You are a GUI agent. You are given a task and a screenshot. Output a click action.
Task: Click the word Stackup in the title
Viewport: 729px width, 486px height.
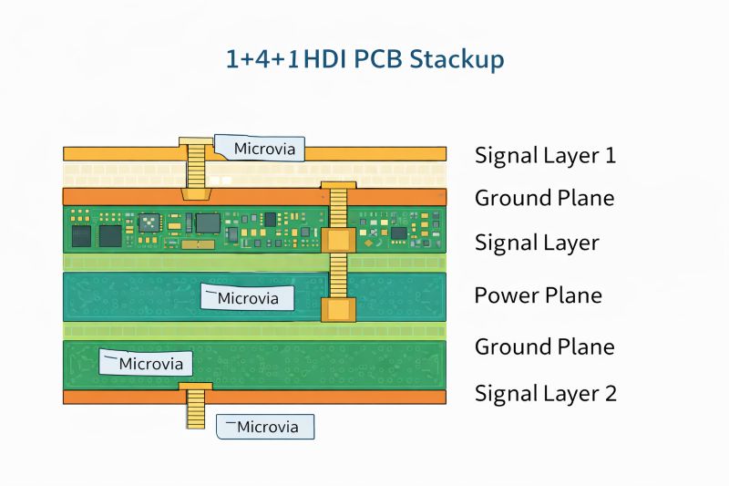(457, 60)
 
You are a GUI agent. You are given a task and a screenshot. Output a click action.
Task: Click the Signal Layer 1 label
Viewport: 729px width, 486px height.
(545, 155)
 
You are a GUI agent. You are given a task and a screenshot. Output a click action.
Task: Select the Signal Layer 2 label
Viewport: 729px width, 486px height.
(545, 394)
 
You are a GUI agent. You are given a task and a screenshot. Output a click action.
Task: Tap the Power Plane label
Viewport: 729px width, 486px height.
(538, 295)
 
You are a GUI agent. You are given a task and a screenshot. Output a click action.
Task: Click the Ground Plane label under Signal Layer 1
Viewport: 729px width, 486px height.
(544, 198)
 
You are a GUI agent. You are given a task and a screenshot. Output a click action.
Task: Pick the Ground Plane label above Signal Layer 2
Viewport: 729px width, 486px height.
(544, 346)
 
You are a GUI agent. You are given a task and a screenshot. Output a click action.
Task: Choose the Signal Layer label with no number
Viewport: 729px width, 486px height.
(536, 243)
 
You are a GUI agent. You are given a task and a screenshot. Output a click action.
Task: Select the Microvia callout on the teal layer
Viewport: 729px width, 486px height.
(249, 297)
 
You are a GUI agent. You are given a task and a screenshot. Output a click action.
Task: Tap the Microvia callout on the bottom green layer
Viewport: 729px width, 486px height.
(147, 363)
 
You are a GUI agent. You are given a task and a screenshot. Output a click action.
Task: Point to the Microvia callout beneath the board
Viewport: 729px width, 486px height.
(265, 426)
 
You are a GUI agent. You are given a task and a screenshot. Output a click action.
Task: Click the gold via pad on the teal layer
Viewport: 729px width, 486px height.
(338, 309)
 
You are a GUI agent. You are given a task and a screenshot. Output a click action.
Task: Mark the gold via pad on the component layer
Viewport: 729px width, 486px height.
(338, 240)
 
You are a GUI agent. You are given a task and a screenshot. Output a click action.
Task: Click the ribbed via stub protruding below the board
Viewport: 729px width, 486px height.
(195, 410)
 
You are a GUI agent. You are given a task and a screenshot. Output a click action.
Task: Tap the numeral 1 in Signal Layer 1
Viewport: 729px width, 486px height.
(610, 155)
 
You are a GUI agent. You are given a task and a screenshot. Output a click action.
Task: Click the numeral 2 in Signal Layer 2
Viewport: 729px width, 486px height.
(610, 394)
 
